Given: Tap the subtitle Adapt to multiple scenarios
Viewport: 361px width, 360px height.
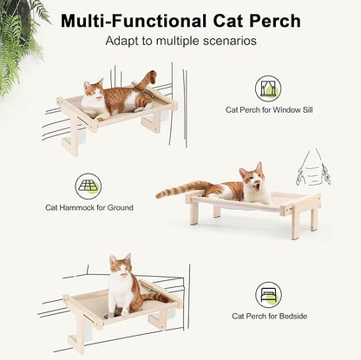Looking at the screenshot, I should (180, 40).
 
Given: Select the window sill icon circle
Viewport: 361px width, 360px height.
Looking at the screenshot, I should (268, 88).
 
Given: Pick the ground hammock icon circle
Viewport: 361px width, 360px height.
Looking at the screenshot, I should (88, 186).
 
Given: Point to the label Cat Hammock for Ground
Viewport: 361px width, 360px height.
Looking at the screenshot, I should (88, 208).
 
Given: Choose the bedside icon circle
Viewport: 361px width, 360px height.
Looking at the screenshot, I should (268, 294).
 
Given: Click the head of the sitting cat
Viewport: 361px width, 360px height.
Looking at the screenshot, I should (120, 265).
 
